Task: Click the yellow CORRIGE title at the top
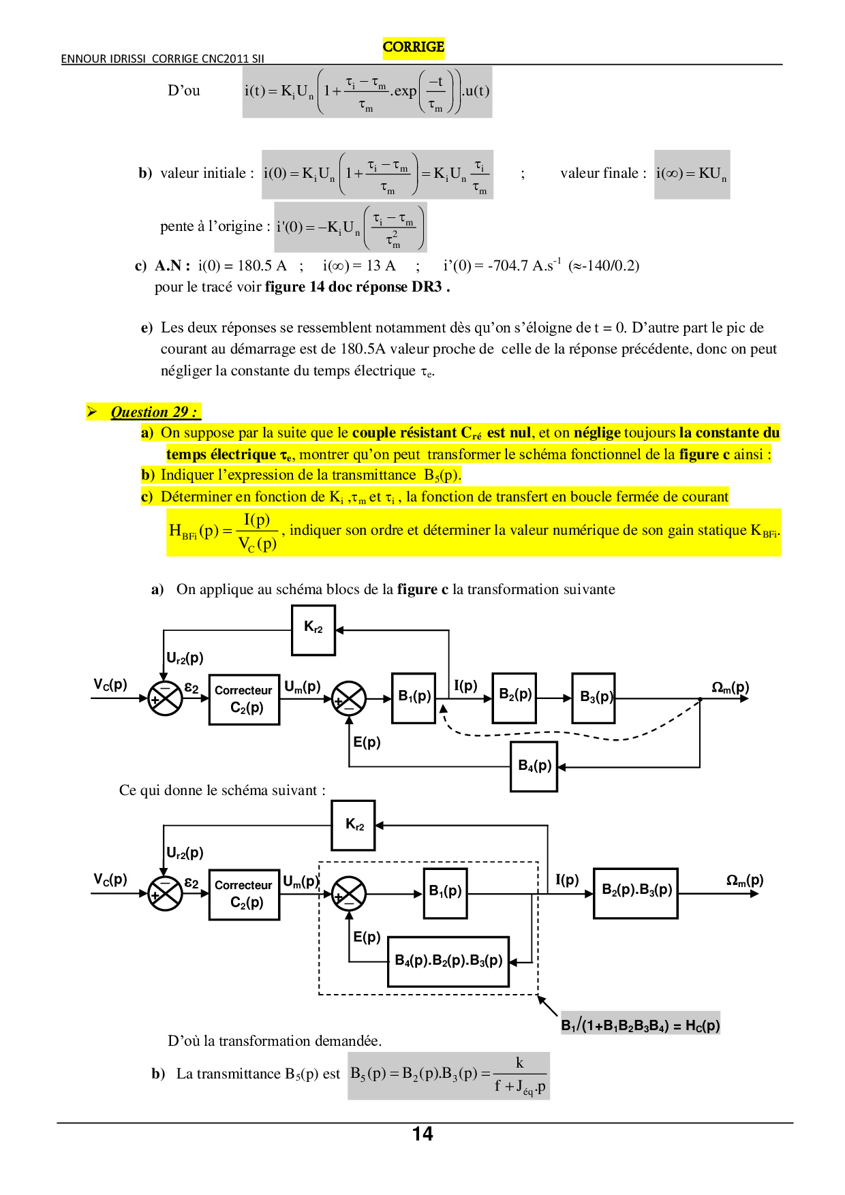(413, 47)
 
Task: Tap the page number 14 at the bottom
(422, 1134)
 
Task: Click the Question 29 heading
(153, 412)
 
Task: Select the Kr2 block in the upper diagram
(313, 630)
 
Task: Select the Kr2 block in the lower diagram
(353, 825)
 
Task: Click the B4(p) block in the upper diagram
(534, 766)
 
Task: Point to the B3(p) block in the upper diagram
(594, 698)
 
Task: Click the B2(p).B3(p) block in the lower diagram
(636, 893)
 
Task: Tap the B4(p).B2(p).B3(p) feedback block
(448, 961)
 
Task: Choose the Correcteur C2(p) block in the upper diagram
(244, 699)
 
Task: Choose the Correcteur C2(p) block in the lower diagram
(244, 894)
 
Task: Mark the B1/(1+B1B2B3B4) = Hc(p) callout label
(640, 1025)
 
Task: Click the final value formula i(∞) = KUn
(691, 174)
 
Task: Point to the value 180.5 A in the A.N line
(262, 266)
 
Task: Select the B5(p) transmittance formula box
(448, 1076)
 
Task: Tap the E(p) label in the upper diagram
(367, 742)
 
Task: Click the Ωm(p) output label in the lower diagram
(744, 880)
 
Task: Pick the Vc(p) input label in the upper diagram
(110, 685)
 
